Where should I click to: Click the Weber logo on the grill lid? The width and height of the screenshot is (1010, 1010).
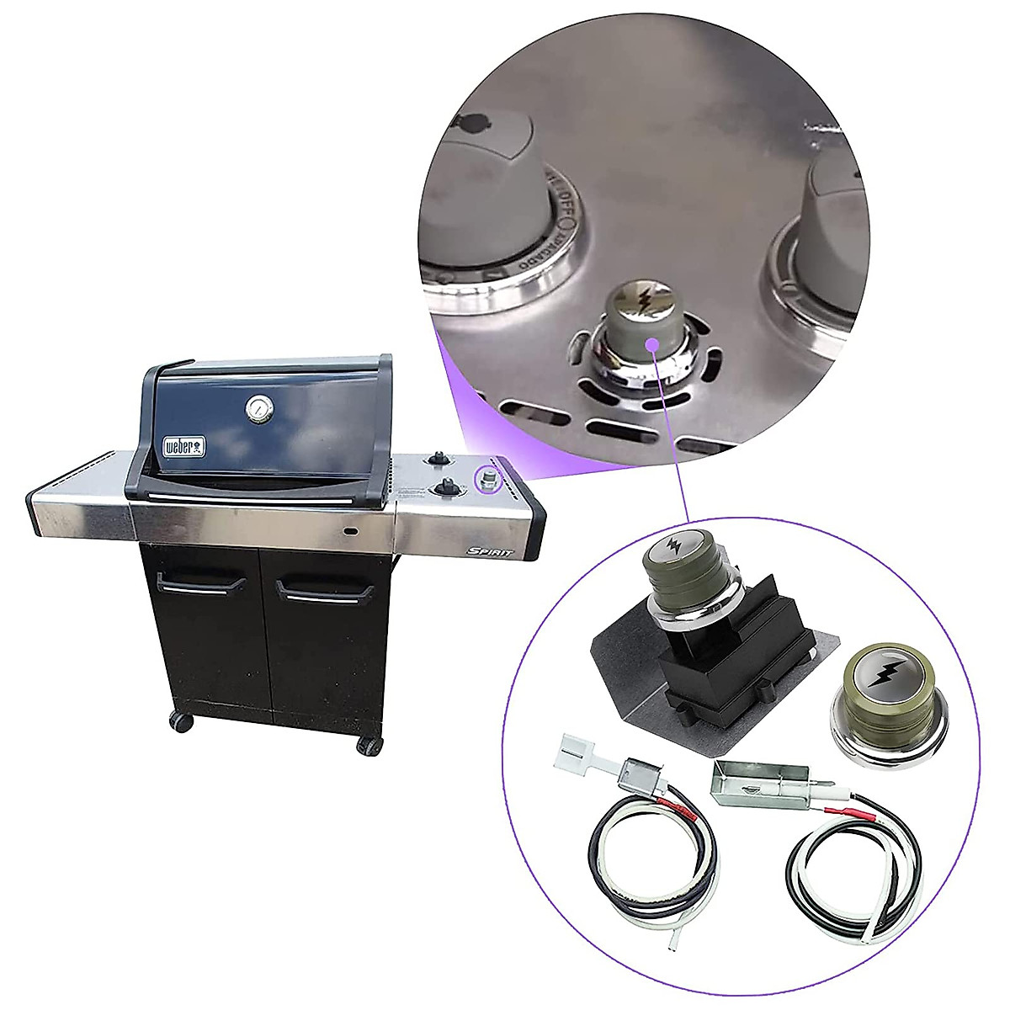[x=184, y=446]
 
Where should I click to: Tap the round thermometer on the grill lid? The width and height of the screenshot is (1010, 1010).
[x=258, y=410]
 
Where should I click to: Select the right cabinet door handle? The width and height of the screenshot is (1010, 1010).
[x=319, y=588]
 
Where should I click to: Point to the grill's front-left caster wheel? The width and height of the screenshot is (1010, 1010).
[x=181, y=721]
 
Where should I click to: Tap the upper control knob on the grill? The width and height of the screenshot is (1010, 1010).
[x=438, y=458]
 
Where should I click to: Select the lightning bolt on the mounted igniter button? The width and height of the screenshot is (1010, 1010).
[x=673, y=547]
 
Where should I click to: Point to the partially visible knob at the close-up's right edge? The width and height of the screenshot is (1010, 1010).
[x=821, y=244]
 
